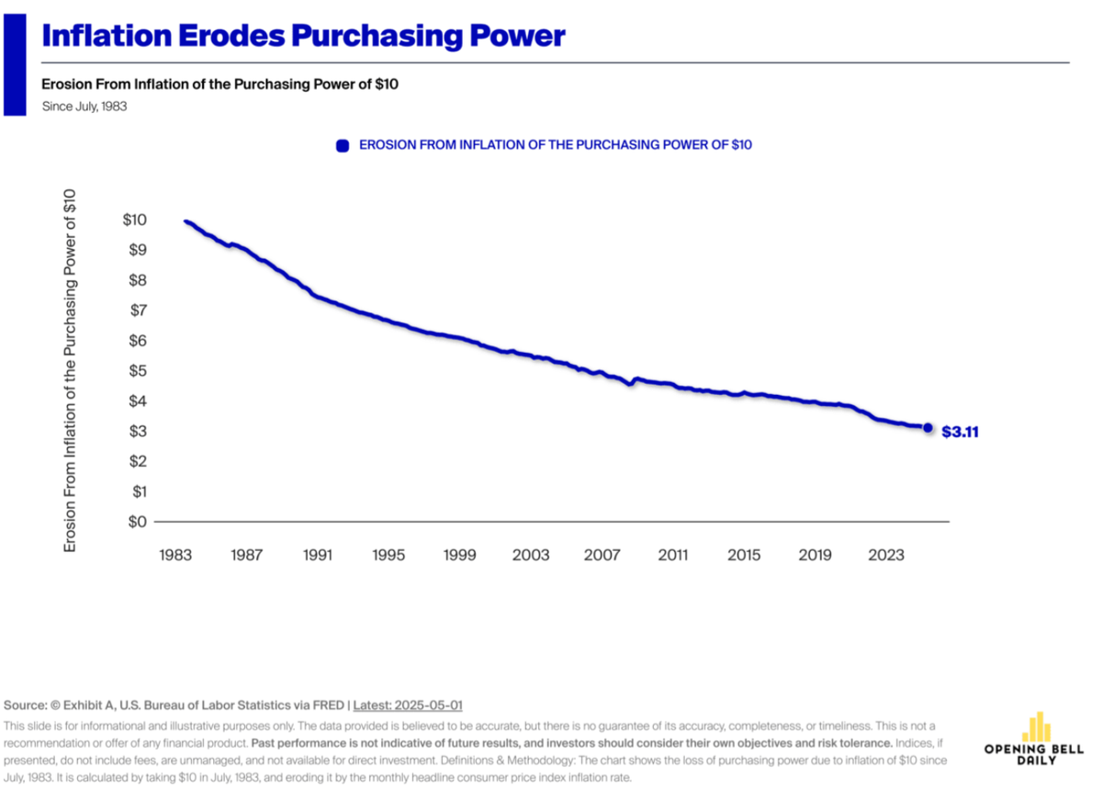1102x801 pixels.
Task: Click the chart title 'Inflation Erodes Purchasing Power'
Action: pos(303,36)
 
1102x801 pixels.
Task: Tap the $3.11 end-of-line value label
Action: pos(961,431)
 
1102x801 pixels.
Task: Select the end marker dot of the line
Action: pos(928,428)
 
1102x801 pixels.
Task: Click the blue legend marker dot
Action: pos(343,145)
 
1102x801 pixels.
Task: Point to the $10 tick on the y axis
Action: pos(134,220)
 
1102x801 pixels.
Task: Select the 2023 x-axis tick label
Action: pos(887,555)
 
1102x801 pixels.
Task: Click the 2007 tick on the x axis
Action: pos(602,555)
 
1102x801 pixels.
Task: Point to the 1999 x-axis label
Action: pos(460,555)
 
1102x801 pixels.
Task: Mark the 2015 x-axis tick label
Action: pos(745,555)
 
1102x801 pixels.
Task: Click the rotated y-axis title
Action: pos(70,370)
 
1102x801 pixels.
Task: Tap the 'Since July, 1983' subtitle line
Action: pos(84,107)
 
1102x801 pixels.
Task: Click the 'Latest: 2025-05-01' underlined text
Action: pos(408,705)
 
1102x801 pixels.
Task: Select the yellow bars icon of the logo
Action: pos(1038,726)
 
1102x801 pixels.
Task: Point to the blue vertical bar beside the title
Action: pos(15,57)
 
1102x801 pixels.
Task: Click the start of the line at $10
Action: pos(186,221)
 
